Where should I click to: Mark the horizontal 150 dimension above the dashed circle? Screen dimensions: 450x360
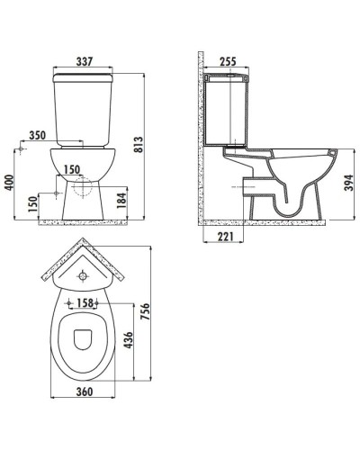click(x=71, y=168)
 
